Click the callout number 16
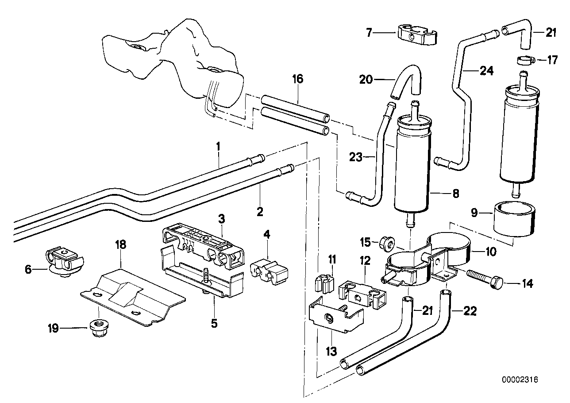point(297,79)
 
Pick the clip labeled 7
point(417,35)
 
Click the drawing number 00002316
point(520,380)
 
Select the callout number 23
point(356,157)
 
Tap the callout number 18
point(120,244)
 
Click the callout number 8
point(456,194)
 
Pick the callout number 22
point(470,311)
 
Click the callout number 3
point(221,218)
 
